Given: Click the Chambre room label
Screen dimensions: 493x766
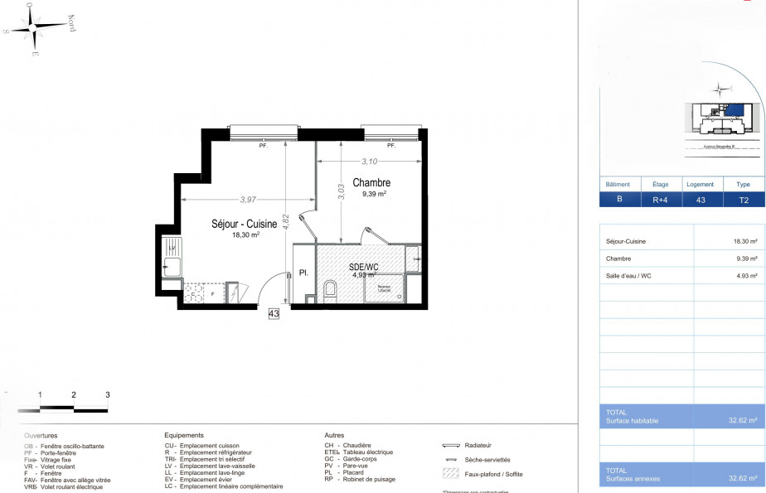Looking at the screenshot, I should tap(371, 182).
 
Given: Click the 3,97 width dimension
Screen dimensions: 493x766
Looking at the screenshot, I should tap(248, 200).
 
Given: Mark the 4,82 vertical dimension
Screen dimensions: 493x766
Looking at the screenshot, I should tap(284, 224).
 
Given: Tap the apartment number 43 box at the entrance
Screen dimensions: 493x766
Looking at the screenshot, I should tap(274, 313).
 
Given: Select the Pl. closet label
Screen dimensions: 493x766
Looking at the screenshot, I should tap(303, 272).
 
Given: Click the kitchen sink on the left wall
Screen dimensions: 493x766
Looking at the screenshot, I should tap(172, 266).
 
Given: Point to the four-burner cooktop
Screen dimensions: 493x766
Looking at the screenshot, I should tap(193, 293).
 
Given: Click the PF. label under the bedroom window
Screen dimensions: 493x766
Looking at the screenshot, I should tap(390, 145).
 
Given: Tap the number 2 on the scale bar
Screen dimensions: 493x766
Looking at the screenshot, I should tap(74, 395).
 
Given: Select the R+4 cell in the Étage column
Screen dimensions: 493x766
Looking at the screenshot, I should tap(660, 200).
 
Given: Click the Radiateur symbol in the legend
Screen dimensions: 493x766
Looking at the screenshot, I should tap(457, 445).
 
